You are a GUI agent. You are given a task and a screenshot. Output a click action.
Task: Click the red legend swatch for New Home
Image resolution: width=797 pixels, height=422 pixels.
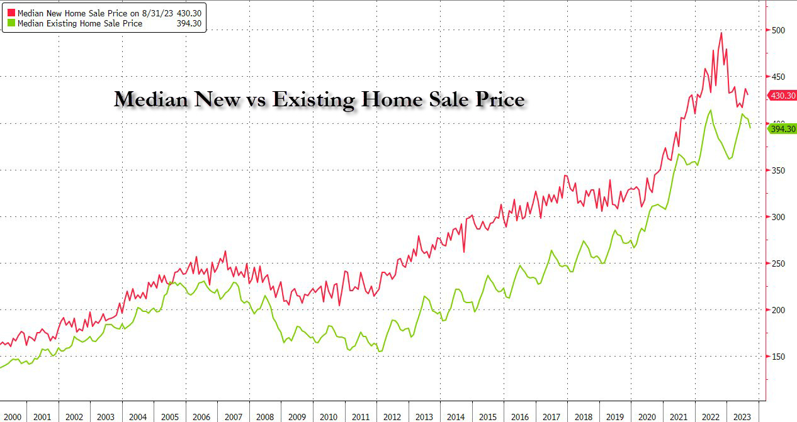pos(9,12)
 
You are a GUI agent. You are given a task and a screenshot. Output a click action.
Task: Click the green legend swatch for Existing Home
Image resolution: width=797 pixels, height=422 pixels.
pos(9,23)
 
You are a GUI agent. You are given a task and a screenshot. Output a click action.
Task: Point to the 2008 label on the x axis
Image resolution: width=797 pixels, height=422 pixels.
pos(265,416)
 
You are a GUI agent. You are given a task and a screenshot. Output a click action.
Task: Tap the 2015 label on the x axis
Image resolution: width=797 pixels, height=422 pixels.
pos(488,416)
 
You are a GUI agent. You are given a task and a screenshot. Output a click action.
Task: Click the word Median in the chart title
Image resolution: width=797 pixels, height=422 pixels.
pos(151,100)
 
